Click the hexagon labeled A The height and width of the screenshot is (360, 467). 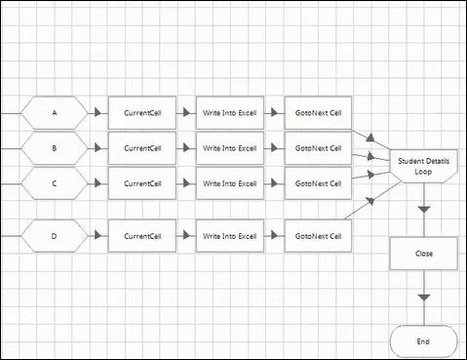point(55,113)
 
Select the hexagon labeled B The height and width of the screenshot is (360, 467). point(55,148)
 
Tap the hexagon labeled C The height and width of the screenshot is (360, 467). point(55,183)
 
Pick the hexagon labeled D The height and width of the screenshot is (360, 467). point(55,235)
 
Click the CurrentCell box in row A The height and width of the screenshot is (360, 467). point(142,113)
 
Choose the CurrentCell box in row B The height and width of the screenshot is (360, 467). point(142,148)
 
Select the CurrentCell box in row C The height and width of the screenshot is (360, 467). point(142,183)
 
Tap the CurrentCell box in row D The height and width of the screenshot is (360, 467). point(142,235)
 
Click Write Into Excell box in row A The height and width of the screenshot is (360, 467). point(230,113)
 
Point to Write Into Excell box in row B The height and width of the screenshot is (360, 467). point(230,148)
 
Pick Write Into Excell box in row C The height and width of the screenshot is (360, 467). point(230,183)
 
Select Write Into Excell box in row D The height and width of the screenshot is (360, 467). point(230,235)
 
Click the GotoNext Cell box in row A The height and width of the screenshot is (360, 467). point(318,113)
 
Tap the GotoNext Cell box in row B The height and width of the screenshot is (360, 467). point(318,148)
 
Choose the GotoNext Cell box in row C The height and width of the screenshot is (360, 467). point(318,183)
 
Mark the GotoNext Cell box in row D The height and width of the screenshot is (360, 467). point(318,235)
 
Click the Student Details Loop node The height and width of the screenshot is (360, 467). point(424,166)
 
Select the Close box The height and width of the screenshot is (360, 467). point(424,254)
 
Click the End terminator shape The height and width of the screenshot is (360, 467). point(424,341)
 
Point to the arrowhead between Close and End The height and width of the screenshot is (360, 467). point(424,297)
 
